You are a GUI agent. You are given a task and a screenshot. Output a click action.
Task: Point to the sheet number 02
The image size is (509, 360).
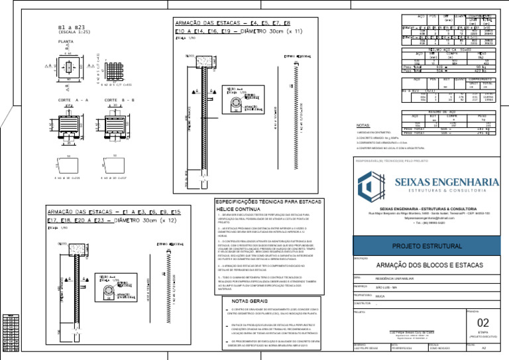click(x=483, y=322)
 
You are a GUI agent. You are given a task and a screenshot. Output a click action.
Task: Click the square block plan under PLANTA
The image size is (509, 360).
click(x=70, y=66)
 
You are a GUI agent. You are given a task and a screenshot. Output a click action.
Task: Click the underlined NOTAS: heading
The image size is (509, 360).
click(x=363, y=125)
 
